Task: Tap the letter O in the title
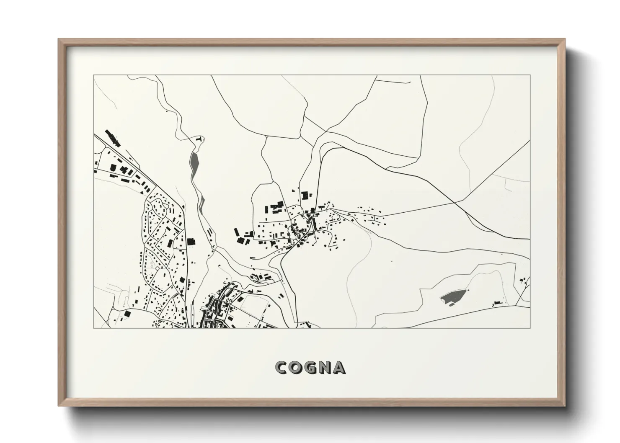pos(296,368)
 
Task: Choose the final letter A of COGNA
pos(339,368)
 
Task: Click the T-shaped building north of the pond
pos(200,139)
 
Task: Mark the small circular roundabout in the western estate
pos(158,268)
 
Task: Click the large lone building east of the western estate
pos(191,242)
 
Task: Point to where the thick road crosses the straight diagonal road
pos(455,202)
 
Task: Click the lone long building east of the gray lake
pos(497,302)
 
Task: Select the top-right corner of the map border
pos(530,75)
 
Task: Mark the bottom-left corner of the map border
pos(94,328)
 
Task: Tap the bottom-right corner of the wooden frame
pos(565,406)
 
